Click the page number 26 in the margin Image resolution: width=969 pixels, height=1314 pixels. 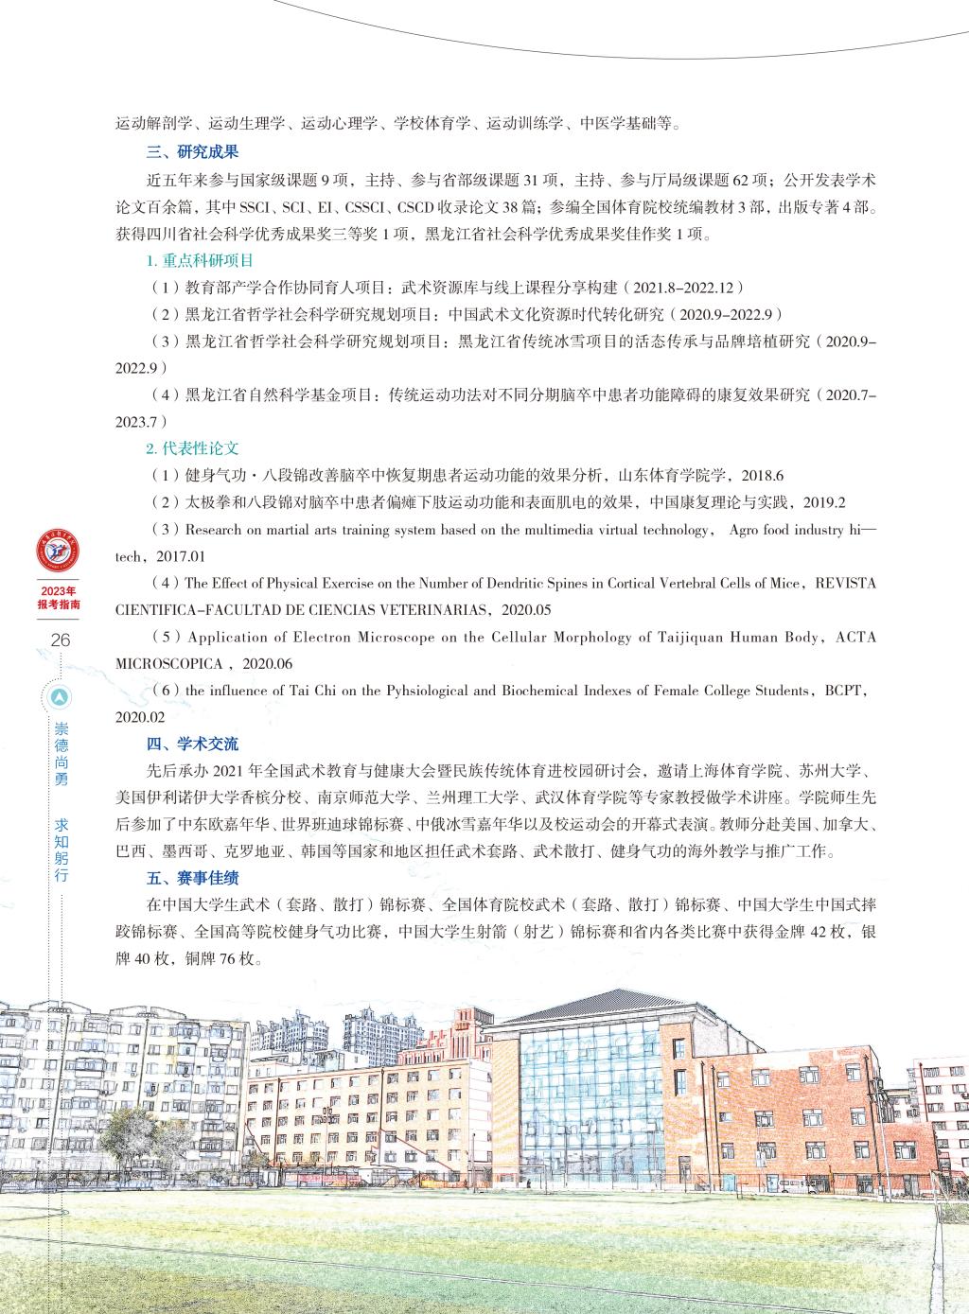pyautogui.click(x=61, y=640)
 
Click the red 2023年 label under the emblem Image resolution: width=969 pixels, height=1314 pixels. pyautogui.click(x=60, y=590)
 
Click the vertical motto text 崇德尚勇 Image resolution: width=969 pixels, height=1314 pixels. pyautogui.click(x=61, y=755)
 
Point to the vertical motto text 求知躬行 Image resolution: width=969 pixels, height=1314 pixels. pyautogui.click(x=61, y=846)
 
